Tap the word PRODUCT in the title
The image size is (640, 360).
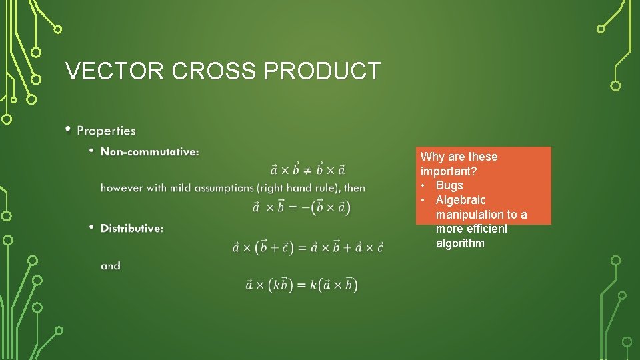point(322,71)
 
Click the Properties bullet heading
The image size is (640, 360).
point(106,131)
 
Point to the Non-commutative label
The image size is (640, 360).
point(149,152)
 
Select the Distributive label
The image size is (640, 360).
point(132,229)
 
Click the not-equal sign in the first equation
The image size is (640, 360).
point(308,169)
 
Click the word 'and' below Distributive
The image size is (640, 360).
point(111,266)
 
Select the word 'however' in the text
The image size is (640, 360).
point(121,188)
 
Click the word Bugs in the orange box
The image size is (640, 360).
point(449,185)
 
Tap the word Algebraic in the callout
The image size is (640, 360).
point(461,200)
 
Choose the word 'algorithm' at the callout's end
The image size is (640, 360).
point(460,243)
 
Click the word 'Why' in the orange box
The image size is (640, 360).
point(433,157)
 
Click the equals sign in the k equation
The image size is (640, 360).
point(300,285)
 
